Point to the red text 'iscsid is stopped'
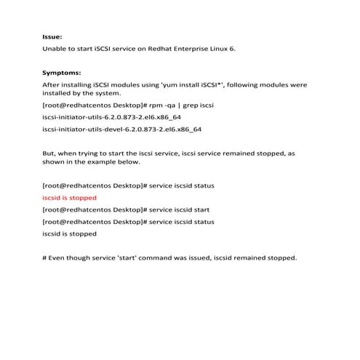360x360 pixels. tap(69, 198)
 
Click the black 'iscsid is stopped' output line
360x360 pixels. tap(69, 233)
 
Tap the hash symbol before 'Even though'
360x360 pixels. tap(45, 257)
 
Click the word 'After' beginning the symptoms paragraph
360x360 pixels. tap(52, 86)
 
